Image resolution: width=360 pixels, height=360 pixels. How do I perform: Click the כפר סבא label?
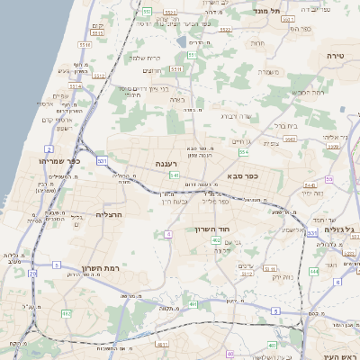pos(243,176)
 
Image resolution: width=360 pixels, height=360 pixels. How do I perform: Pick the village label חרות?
pos(258,42)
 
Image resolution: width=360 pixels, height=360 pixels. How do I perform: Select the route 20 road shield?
pos(32,273)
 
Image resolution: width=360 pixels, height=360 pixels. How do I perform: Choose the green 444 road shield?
pos(314,270)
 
